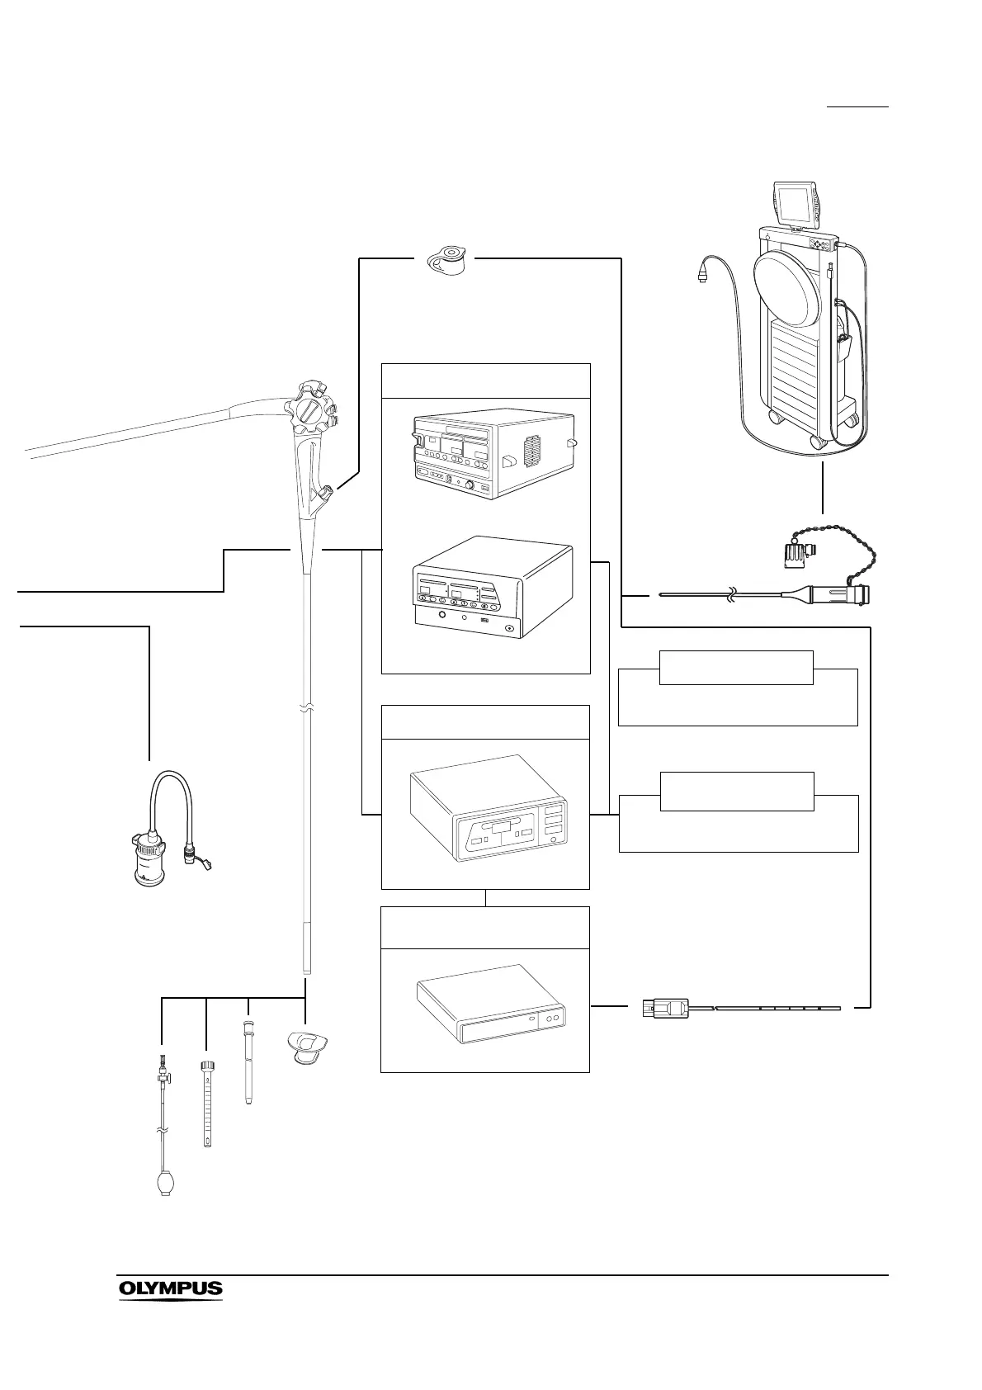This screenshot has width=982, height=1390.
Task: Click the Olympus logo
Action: pyautogui.click(x=171, y=1288)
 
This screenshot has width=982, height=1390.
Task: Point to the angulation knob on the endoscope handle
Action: pyautogui.click(x=310, y=409)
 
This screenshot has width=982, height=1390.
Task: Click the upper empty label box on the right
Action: pyautogui.click(x=736, y=667)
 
